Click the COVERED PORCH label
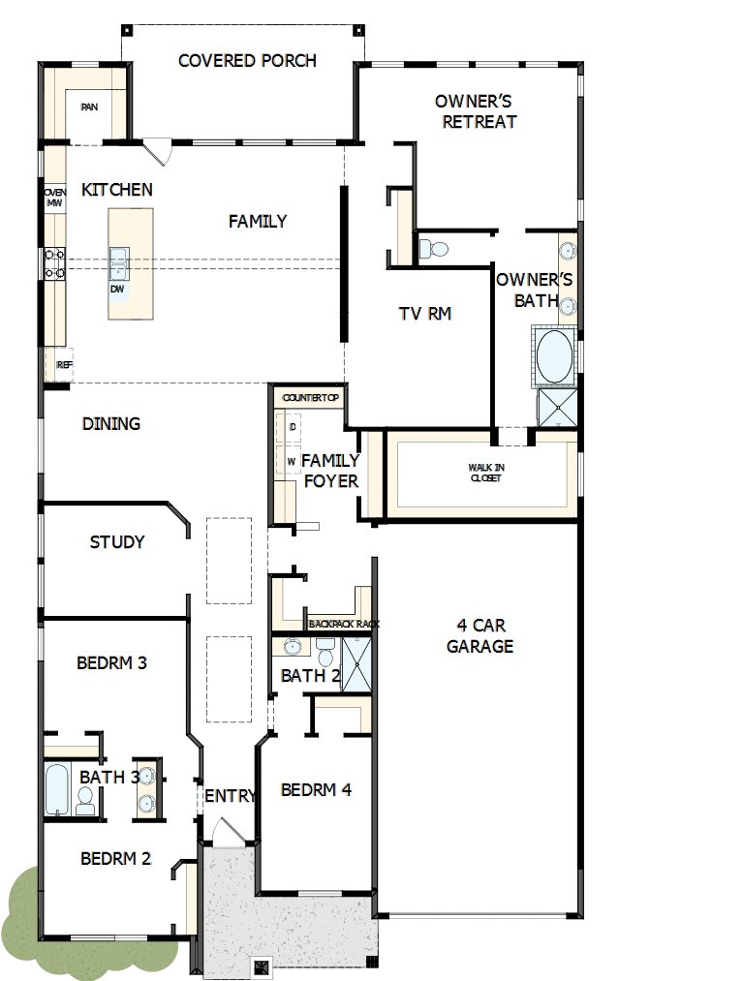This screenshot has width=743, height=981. tap(247, 61)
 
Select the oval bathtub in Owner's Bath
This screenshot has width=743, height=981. tap(554, 357)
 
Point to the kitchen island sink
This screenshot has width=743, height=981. tap(119, 258)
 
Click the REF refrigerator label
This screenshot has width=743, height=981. tap(64, 365)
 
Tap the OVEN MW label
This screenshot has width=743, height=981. tap(54, 198)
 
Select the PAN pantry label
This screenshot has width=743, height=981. tap(89, 107)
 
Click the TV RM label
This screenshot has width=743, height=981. tap(425, 314)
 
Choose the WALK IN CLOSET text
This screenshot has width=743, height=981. tap(486, 473)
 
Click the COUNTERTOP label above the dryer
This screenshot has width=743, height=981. tap(307, 398)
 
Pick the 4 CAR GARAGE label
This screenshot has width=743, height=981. tap(480, 635)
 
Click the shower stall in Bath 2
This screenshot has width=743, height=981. tap(356, 665)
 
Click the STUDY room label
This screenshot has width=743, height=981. tap(117, 542)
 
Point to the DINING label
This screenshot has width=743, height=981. tap(111, 423)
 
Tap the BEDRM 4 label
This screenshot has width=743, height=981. tap(316, 790)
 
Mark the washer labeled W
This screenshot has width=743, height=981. tap(292, 461)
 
